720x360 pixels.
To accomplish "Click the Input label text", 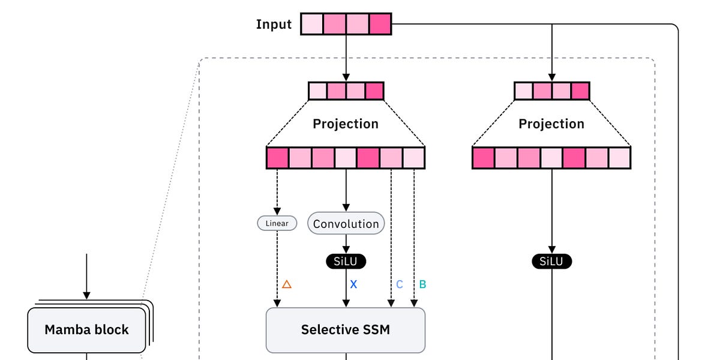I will click(x=274, y=25).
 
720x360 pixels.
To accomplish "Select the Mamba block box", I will click(x=86, y=329).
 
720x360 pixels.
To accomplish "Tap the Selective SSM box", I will click(x=345, y=329).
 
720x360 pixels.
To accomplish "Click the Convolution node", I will click(x=346, y=224).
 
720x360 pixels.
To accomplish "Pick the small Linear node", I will click(x=277, y=223).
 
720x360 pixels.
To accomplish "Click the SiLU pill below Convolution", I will click(x=346, y=262).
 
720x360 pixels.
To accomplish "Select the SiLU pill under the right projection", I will click(x=551, y=262).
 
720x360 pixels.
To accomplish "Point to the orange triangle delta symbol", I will click(x=286, y=284).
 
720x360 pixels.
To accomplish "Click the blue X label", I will click(x=353, y=284).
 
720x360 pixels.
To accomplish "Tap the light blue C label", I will click(x=400, y=284).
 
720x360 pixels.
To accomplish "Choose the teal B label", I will click(x=422, y=284).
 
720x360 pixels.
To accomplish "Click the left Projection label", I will click(x=346, y=124).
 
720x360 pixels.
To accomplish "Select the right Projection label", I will click(x=551, y=124).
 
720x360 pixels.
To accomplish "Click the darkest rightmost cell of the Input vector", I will click(x=380, y=24).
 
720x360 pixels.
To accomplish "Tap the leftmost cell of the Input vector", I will click(x=312, y=24).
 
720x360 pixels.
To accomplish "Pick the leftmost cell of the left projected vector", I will click(x=278, y=157).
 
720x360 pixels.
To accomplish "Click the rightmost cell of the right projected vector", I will click(x=619, y=157).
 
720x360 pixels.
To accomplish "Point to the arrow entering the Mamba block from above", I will click(x=86, y=276).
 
